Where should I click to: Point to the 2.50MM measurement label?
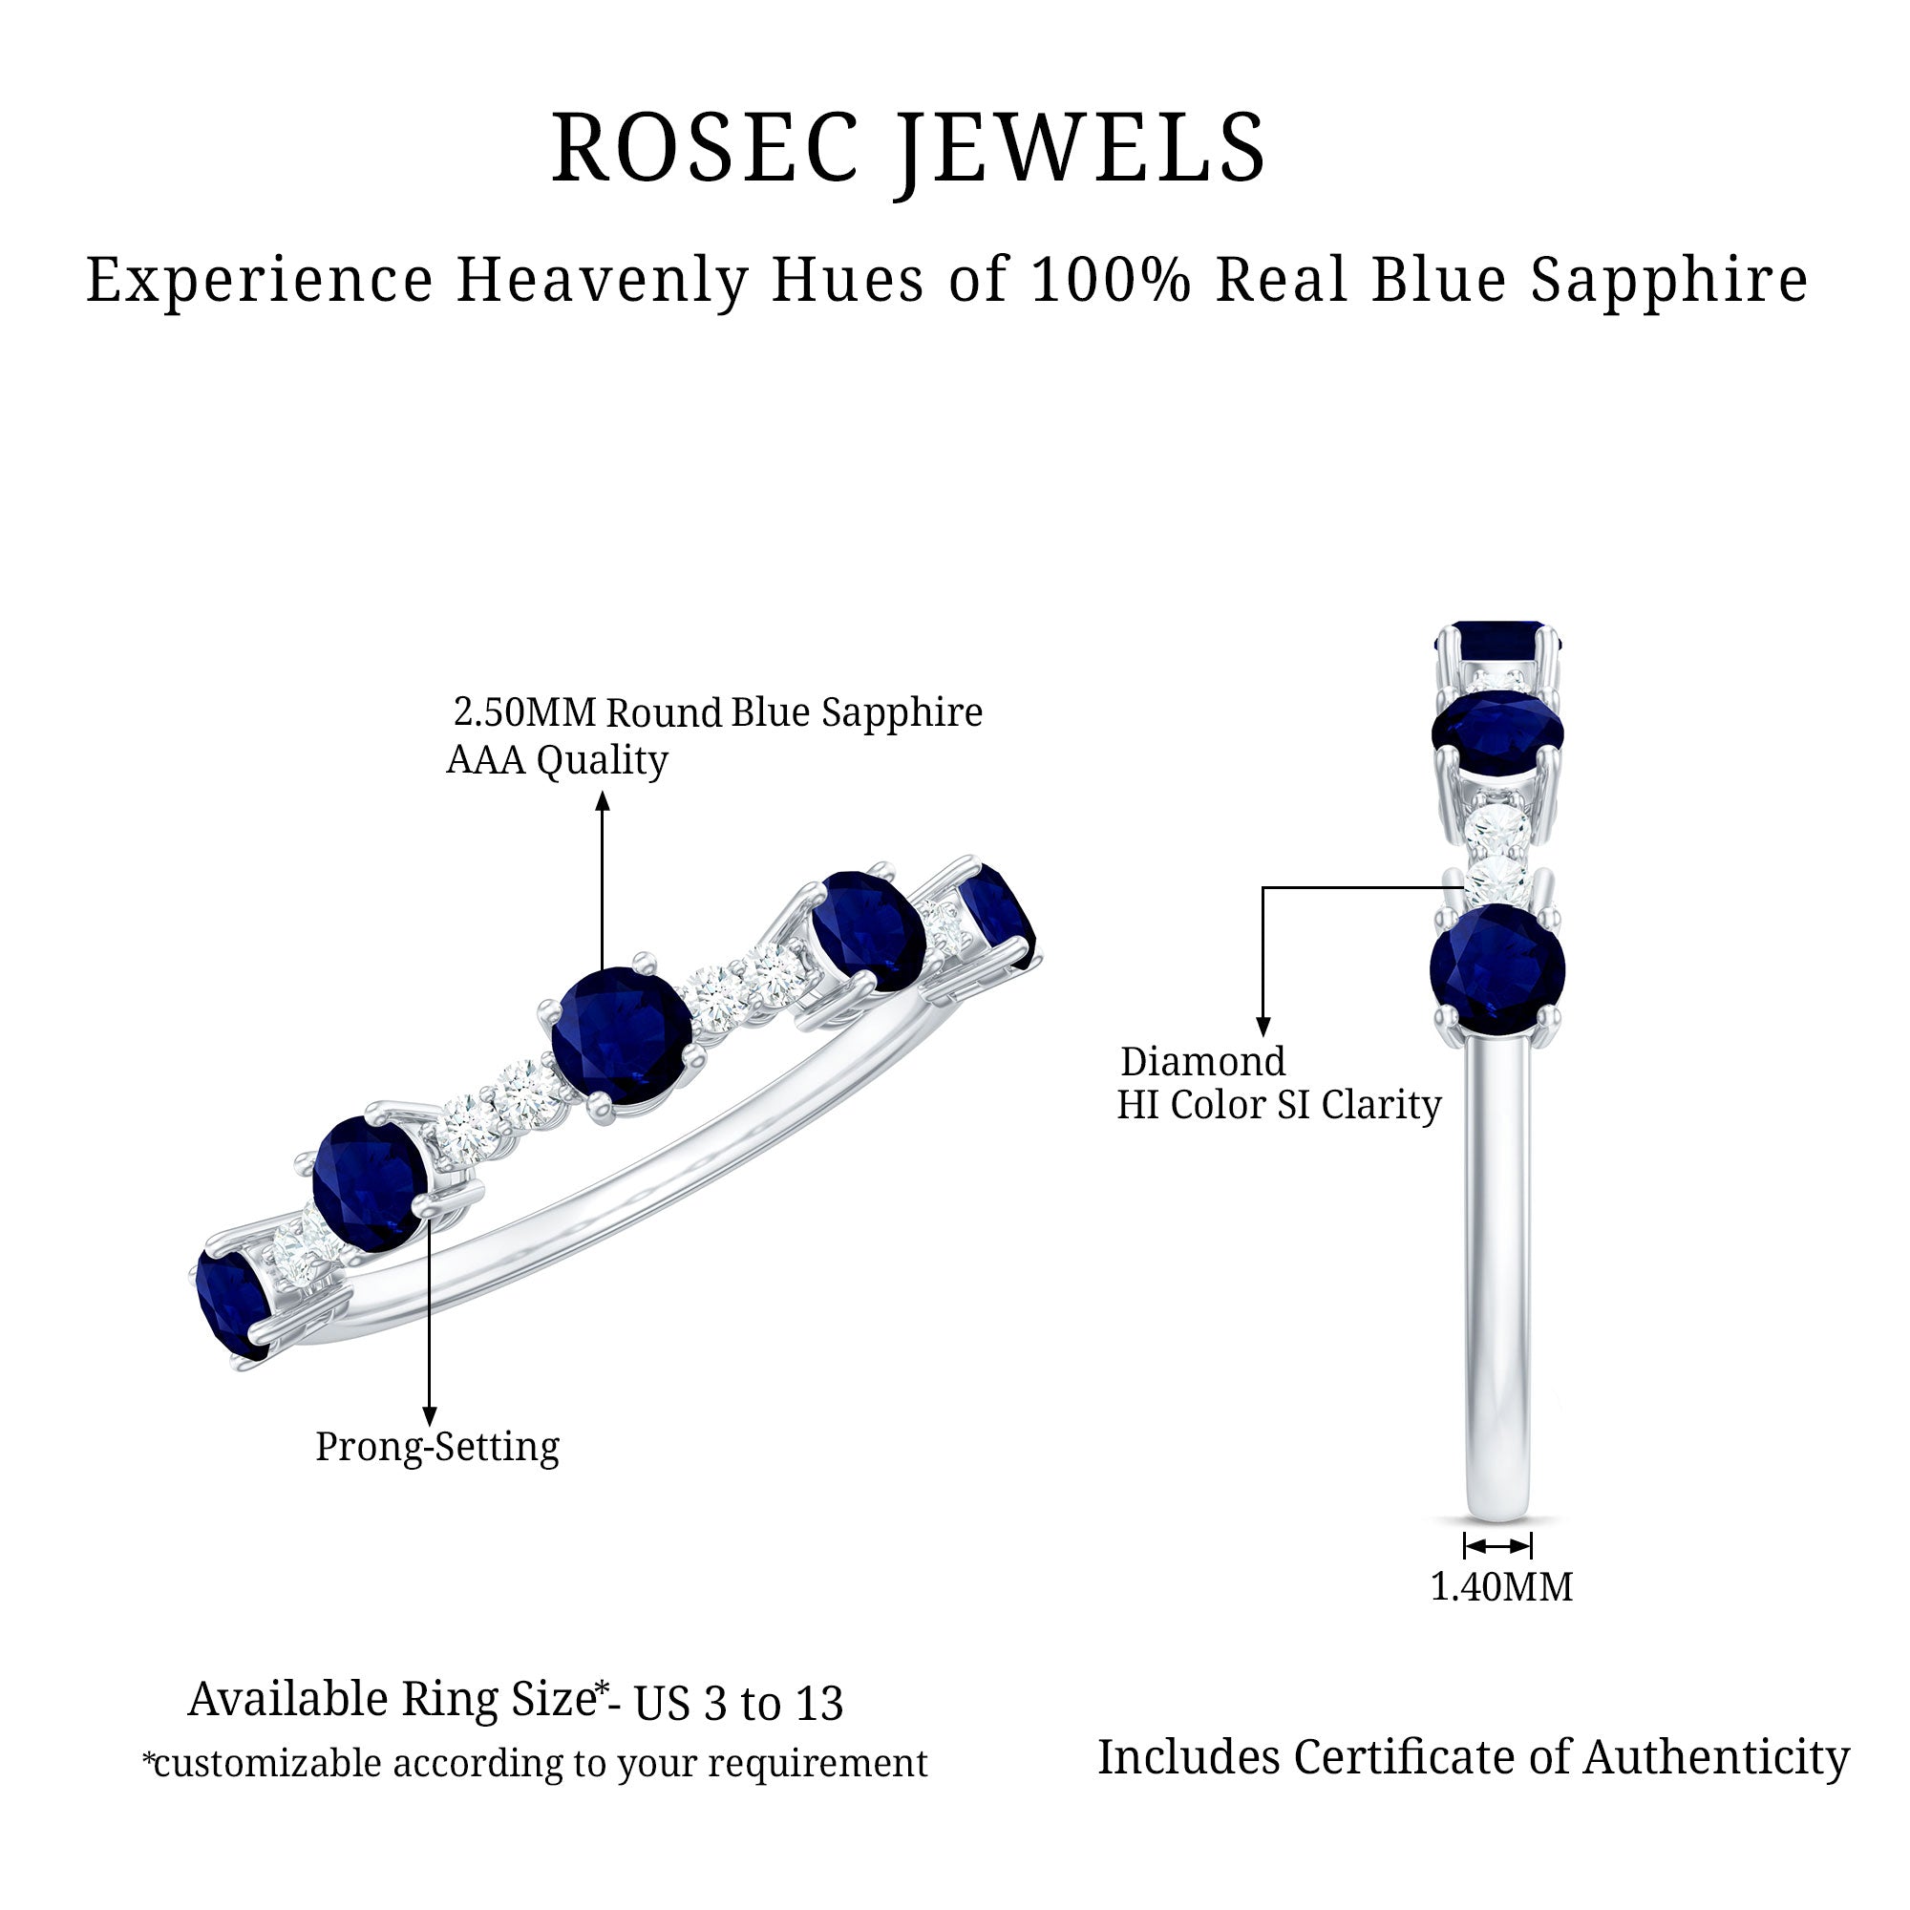click(x=525, y=711)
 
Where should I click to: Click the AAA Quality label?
click(x=557, y=760)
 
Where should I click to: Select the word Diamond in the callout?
click(x=1202, y=1062)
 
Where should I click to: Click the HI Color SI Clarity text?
click(x=1279, y=1105)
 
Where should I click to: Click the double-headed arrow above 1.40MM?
click(x=1497, y=1545)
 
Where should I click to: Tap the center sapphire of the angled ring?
click(x=621, y=1035)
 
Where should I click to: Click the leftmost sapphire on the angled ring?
click(x=232, y=1302)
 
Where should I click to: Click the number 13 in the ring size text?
click(x=818, y=1704)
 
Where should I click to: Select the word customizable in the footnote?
click(x=268, y=1764)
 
